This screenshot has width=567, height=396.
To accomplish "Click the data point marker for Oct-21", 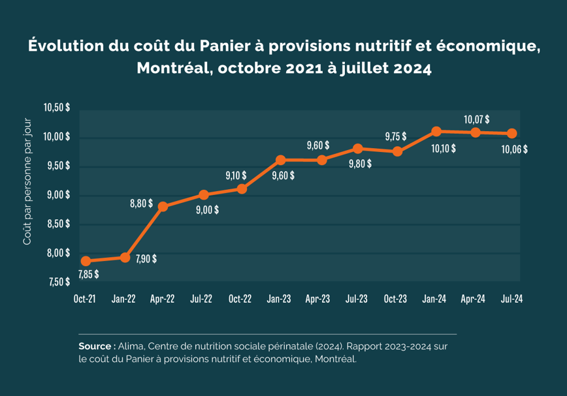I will tap(86, 261).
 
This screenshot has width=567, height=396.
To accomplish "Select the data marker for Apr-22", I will tap(163, 207).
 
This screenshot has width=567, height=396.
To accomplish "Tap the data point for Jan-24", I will tap(436, 132).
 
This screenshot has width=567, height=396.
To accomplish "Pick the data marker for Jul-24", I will tap(512, 134).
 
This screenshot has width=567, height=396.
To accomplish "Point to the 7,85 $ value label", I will tap(88, 275).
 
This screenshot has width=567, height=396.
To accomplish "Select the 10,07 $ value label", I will tap(477, 120).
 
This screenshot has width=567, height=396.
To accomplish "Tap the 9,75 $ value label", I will tap(395, 136).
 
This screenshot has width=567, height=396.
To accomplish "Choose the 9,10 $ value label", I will tap(236, 175).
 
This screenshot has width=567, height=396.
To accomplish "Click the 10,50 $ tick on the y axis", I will tap(57, 108).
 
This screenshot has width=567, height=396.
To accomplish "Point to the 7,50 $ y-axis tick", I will tap(57, 282).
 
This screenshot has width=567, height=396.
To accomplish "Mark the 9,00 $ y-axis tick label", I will tap(57, 195).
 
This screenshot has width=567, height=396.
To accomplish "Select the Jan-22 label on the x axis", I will tap(123, 299).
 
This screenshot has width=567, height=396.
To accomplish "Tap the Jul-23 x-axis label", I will tap(356, 299).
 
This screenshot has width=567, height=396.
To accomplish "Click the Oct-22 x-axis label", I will tap(240, 299).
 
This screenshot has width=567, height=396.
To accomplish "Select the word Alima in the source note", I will tap(133, 346).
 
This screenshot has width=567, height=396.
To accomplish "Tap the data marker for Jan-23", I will tap(280, 160).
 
